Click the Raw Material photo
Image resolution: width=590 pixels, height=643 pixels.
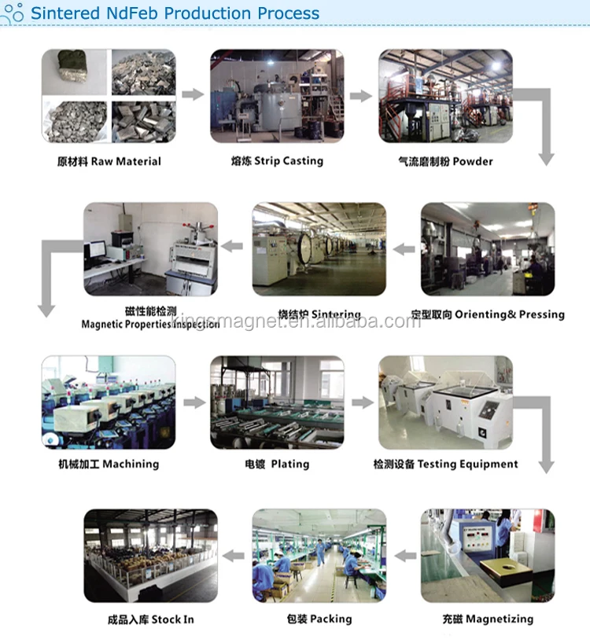click(108, 96)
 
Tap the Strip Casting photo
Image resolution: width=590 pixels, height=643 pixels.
click(277, 96)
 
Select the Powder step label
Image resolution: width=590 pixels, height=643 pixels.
click(446, 161)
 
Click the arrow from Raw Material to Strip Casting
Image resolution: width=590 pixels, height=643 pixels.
click(193, 95)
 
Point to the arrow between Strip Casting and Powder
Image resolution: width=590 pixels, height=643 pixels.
click(361, 95)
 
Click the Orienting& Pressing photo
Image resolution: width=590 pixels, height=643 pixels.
click(488, 249)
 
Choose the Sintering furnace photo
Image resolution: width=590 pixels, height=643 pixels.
click(319, 249)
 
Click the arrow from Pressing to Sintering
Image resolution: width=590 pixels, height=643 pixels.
click(404, 249)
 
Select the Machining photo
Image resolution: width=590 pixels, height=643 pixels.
click(108, 402)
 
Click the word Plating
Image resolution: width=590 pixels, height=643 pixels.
click(290, 464)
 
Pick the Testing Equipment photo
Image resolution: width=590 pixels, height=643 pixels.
click(446, 402)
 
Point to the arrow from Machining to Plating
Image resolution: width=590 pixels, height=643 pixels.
click(193, 402)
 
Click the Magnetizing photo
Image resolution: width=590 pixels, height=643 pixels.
click(488, 555)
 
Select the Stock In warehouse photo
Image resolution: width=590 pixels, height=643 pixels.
click(150, 555)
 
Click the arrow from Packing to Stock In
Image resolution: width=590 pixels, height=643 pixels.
click(234, 556)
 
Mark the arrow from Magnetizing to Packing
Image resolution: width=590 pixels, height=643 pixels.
click(404, 556)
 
